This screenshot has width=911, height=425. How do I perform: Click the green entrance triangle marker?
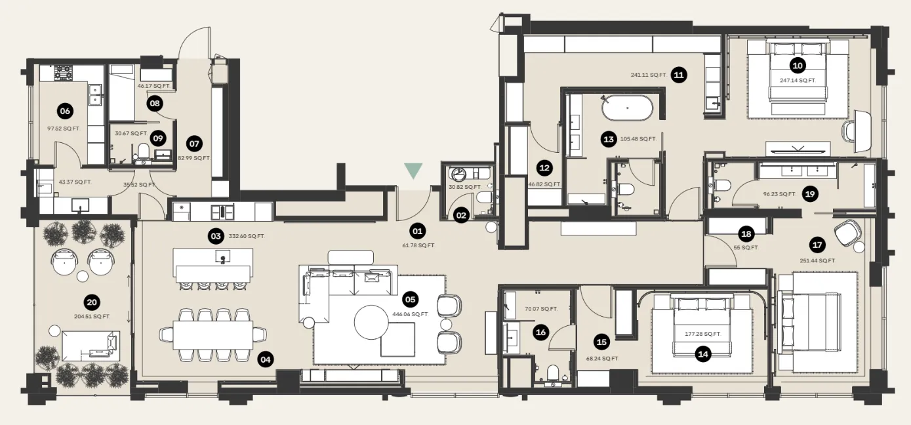413,171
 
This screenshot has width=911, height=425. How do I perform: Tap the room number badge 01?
417,231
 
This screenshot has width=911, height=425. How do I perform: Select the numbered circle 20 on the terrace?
92,302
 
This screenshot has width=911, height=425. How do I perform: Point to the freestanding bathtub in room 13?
627,108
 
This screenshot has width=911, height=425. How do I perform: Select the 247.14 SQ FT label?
797,80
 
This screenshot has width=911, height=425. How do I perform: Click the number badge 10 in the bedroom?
797,65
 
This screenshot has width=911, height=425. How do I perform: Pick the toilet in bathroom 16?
552,374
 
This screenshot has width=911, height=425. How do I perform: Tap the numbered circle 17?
817,245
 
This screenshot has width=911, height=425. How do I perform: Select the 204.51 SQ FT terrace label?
92,316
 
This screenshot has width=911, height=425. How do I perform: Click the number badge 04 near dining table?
265,359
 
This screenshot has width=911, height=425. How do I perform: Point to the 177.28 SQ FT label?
703,334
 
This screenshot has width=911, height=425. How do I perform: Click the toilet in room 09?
143,153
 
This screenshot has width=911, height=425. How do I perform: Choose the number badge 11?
679,75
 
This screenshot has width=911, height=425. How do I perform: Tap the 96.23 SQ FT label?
779,194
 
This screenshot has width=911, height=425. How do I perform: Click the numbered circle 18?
745,233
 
